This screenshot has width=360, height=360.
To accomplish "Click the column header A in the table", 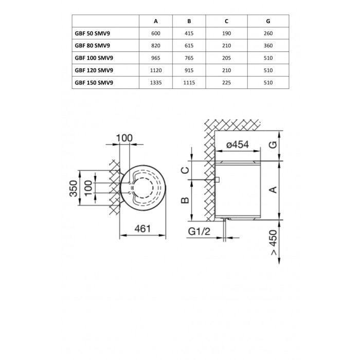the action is (156, 21).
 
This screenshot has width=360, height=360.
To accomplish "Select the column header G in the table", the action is (268, 21).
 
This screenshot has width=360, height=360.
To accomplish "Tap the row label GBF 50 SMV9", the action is (92, 33).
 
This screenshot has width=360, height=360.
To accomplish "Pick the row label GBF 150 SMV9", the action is (94, 83).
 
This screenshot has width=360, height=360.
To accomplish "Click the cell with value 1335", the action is (156, 83).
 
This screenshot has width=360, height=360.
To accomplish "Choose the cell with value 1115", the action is (189, 83).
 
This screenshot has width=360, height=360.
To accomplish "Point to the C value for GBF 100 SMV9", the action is (226, 58).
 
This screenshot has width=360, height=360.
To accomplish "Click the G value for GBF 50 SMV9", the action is (268, 33).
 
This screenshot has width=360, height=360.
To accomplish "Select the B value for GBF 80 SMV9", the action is (189, 46).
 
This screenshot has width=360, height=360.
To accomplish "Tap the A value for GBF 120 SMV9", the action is (156, 70).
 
